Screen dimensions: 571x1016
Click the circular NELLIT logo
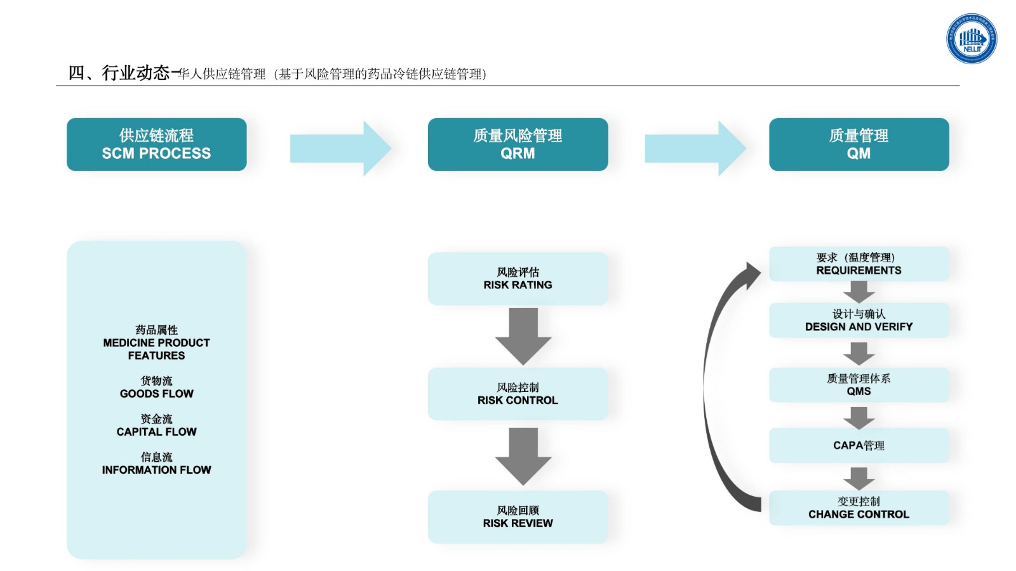971,39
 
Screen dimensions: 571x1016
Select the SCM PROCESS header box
156,144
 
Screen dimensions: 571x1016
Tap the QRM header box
518,144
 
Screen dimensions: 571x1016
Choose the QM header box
859,144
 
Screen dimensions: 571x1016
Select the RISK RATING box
518,278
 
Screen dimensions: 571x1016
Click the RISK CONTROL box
518,394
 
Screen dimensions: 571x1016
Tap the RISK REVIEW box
518,516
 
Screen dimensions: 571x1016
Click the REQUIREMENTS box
859,264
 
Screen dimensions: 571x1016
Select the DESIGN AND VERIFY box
859,320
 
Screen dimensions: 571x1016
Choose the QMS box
859,385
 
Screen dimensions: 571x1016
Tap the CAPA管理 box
859,445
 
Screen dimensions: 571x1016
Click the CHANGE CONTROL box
859,508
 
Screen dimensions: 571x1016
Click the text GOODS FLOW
156,394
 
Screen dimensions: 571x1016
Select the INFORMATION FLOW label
156,470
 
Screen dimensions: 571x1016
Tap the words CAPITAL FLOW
156,432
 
